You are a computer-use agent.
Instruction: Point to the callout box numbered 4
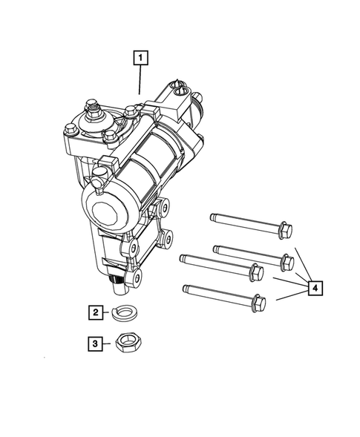pos(315,287)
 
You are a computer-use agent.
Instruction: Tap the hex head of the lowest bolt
pos(257,303)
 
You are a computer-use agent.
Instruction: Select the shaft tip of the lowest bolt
pos(186,286)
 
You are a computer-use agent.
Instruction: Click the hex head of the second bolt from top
pos(284,261)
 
